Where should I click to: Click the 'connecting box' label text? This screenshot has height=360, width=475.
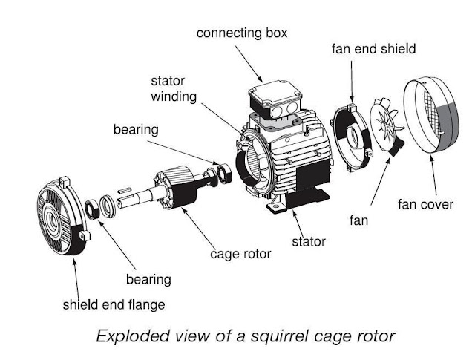click(x=242, y=33)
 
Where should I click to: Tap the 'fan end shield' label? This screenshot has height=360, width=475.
click(x=373, y=49)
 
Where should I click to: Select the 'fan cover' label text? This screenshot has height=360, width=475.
click(x=425, y=205)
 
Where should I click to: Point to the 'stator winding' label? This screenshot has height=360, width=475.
click(x=174, y=89)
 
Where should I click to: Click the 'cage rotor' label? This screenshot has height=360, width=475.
click(x=240, y=254)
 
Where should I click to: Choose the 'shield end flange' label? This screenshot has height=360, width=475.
click(x=114, y=304)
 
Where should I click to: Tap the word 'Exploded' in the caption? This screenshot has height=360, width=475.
click(x=133, y=336)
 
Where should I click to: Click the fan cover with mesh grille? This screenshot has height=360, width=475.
click(x=431, y=115)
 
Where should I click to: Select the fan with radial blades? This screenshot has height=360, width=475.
click(x=387, y=126)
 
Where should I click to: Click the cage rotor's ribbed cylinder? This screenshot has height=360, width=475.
click(x=176, y=188)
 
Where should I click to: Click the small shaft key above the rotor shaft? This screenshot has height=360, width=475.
click(x=124, y=190)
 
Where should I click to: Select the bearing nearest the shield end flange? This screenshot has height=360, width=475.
click(x=92, y=209)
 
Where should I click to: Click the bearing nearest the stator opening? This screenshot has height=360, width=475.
click(x=224, y=174)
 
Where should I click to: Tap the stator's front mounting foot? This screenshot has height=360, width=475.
click(x=277, y=204)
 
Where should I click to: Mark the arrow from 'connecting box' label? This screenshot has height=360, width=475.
click(x=249, y=64)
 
